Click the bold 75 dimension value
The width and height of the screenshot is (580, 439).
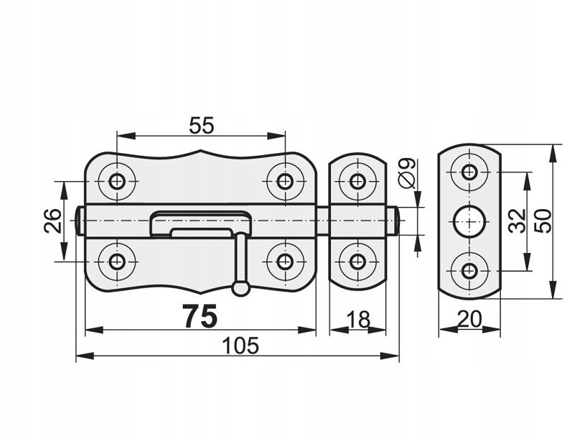pyautogui.click(x=200, y=316)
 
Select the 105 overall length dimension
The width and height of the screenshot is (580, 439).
pyautogui.click(x=240, y=346)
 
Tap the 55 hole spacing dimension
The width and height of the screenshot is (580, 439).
pyautogui.click(x=202, y=125)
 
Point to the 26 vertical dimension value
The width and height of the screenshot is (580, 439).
pyautogui.click(x=52, y=221)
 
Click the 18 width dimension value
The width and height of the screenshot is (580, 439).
pyautogui.click(x=358, y=320)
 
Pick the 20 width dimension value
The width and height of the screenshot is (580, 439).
pyautogui.click(x=469, y=319)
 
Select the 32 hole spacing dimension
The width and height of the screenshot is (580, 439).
pyautogui.click(x=517, y=221)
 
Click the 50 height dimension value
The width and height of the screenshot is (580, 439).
pyautogui.click(x=543, y=221)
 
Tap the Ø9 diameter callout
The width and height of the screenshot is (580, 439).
pyautogui.click(x=407, y=173)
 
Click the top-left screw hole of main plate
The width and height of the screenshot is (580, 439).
pyautogui.click(x=117, y=181)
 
